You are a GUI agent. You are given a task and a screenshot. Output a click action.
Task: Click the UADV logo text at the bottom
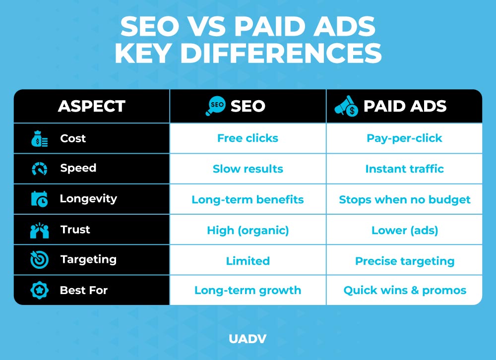click(x=248, y=339)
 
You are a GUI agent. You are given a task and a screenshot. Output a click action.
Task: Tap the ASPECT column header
click(x=91, y=106)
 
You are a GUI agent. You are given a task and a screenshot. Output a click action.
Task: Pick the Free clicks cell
click(x=248, y=138)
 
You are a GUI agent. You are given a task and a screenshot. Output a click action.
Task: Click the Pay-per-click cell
click(x=404, y=138)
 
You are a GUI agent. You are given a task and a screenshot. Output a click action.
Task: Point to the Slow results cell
click(x=248, y=169)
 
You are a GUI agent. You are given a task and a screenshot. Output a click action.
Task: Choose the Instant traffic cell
click(x=404, y=169)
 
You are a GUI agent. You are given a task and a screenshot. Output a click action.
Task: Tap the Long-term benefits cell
click(x=248, y=200)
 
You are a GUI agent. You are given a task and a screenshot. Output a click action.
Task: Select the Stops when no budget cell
click(x=404, y=200)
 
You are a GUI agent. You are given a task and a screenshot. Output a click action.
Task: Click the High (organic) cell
click(x=248, y=230)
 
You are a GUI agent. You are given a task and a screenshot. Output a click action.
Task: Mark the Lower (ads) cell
click(x=404, y=230)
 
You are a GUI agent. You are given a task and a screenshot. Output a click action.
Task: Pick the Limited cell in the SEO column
click(x=248, y=261)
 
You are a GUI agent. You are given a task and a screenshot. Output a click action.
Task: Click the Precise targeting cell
click(x=404, y=261)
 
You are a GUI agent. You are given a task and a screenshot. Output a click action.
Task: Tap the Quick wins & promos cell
click(x=404, y=290)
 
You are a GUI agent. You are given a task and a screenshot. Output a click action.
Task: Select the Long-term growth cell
click(x=248, y=290)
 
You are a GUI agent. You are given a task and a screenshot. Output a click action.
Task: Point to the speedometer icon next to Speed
click(x=39, y=169)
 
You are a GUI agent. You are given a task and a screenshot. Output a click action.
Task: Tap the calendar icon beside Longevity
click(x=39, y=199)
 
